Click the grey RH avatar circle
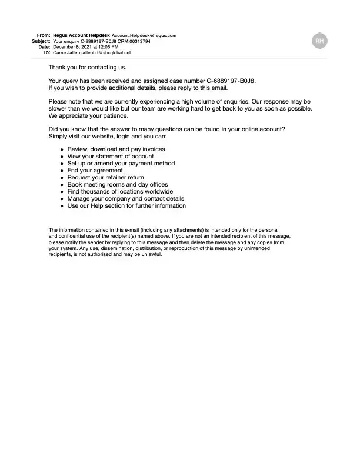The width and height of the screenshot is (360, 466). pyautogui.click(x=319, y=41)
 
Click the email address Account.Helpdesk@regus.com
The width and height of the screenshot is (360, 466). pyautogui.click(x=144, y=35)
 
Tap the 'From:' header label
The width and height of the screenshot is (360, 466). pyautogui.click(x=44, y=35)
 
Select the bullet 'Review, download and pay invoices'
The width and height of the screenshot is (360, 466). pyautogui.click(x=116, y=149)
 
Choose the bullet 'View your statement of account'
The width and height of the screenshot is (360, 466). pyautogui.click(x=111, y=157)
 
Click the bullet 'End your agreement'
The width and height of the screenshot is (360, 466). pyautogui.click(x=95, y=171)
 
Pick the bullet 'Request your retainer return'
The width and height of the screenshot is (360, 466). pyautogui.click(x=105, y=178)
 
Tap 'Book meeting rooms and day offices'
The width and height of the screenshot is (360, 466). pyautogui.click(x=118, y=185)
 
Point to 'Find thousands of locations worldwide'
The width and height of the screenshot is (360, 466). pyautogui.click(x=120, y=192)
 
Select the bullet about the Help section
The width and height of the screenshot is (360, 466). pyautogui.click(x=126, y=206)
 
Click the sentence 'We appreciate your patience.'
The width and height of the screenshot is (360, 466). pyautogui.click(x=88, y=115)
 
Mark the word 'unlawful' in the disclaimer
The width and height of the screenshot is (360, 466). pyautogui.click(x=150, y=255)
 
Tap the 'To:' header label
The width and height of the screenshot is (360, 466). pyautogui.click(x=46, y=53)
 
